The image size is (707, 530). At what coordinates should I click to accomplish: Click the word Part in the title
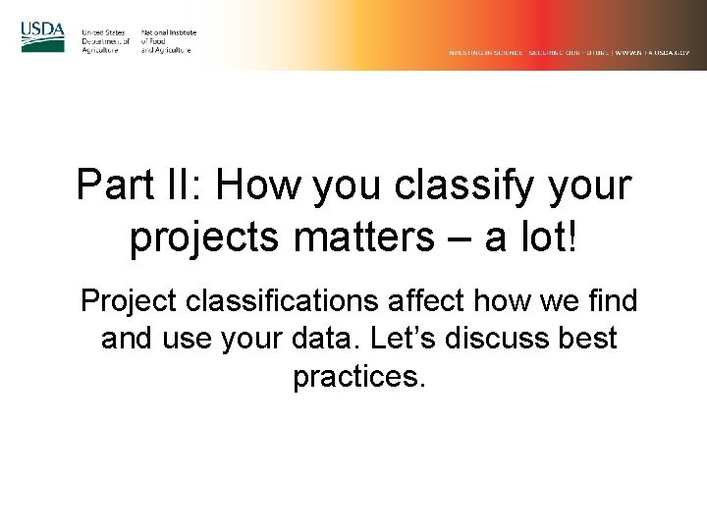click(115, 187)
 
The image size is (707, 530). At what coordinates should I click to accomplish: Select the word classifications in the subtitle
click(281, 301)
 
